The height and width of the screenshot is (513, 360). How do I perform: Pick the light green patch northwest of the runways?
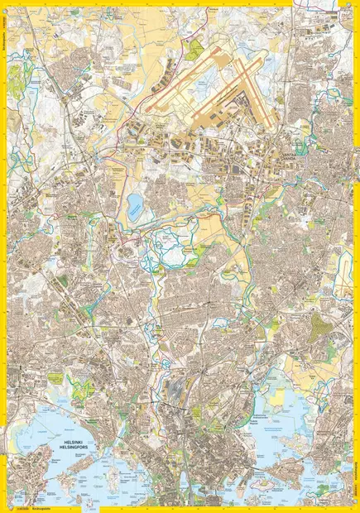pyautogui.click(x=194, y=50)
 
